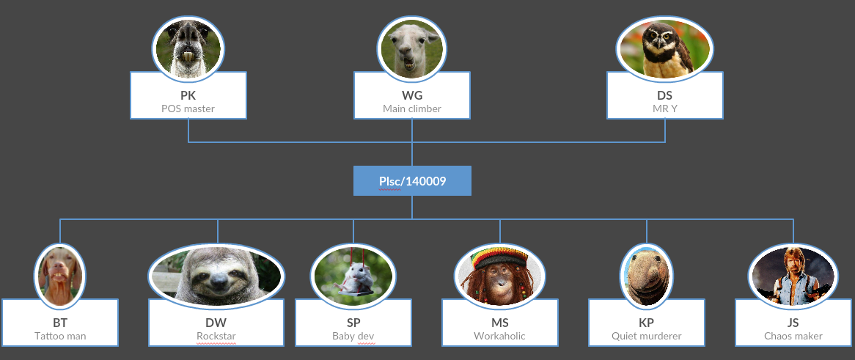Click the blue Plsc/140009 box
[x=412, y=181]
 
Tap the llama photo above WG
[x=411, y=48]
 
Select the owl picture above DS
[x=664, y=48]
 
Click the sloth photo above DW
[x=217, y=276]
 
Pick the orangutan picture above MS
[x=499, y=275]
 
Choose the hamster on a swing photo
[x=353, y=275]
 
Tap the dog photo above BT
[x=60, y=275]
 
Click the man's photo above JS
[x=793, y=275]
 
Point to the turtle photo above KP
[x=646, y=275]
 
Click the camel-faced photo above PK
[x=188, y=48]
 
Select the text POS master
[x=188, y=109]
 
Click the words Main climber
[x=412, y=109]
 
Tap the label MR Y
[x=664, y=109]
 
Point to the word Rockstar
[x=216, y=336]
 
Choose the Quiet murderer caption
[x=646, y=336]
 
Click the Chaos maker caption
[x=793, y=336]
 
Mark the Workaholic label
[x=499, y=336]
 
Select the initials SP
[x=353, y=323]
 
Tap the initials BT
[x=60, y=323]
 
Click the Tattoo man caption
[x=60, y=336]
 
